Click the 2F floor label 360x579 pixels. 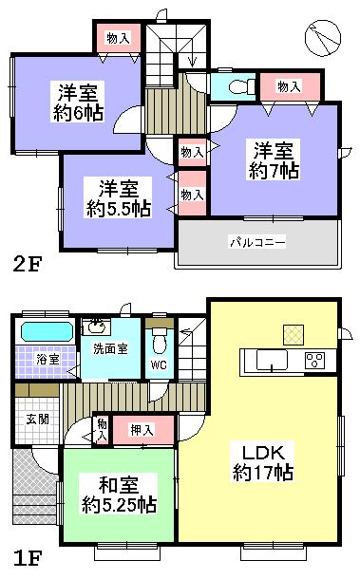tap(26, 264)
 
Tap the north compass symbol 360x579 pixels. tap(323, 39)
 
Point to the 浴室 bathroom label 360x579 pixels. tap(34, 360)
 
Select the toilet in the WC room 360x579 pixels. tap(160, 339)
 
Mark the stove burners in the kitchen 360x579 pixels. tap(314, 360)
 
